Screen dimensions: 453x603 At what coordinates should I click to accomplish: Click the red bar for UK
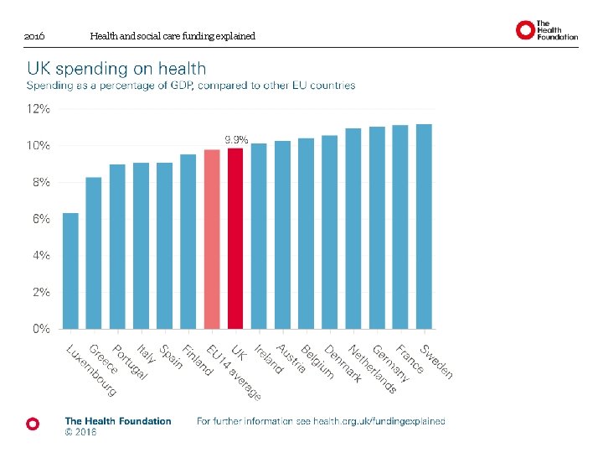pyautogui.click(x=235, y=238)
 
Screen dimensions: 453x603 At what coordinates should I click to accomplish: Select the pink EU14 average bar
pyautogui.click(x=212, y=239)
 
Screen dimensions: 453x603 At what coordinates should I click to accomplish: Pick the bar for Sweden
pyautogui.click(x=424, y=226)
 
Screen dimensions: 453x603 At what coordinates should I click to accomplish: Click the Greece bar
pyautogui.click(x=94, y=253)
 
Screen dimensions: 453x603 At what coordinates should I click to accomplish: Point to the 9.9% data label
pyautogui.click(x=236, y=139)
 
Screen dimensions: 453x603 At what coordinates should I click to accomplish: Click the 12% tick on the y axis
pyautogui.click(x=39, y=109)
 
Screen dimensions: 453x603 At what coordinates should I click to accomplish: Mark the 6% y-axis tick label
pyautogui.click(x=41, y=219)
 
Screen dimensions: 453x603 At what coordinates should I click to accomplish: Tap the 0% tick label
pyautogui.click(x=41, y=329)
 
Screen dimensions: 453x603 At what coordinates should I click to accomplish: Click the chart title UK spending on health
pyautogui.click(x=116, y=69)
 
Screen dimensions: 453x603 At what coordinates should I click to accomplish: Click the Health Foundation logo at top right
pyautogui.click(x=547, y=31)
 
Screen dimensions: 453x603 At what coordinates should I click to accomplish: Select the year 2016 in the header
pyautogui.click(x=34, y=37)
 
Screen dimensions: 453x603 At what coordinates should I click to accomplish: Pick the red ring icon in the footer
pyautogui.click(x=33, y=424)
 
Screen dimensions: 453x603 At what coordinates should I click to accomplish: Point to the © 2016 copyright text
pyautogui.click(x=81, y=433)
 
